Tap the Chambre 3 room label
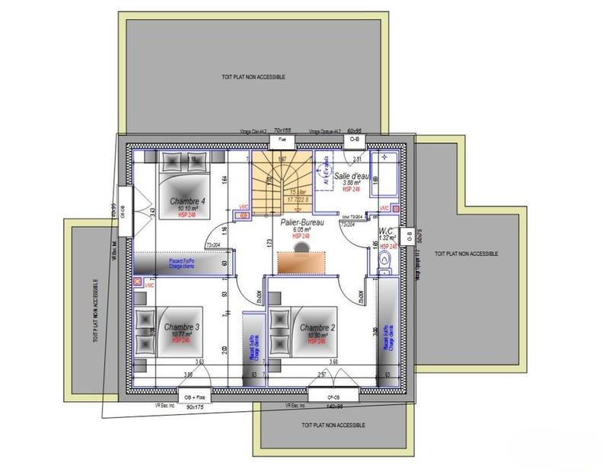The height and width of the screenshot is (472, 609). (182, 327)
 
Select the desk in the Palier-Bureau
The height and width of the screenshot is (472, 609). (301, 261)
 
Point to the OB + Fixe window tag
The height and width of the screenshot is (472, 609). (192, 397)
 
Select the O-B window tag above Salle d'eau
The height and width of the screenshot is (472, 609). (355, 140)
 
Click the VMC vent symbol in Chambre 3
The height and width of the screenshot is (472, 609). (139, 282)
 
